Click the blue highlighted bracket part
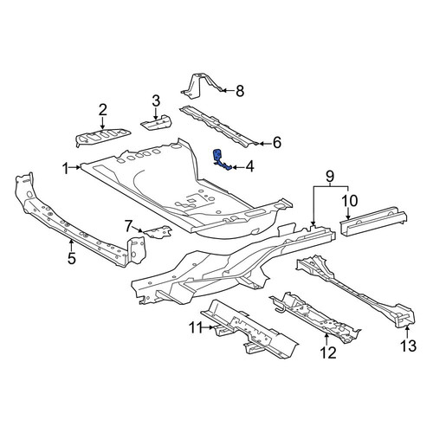(x=220, y=160)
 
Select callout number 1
(x=66, y=169)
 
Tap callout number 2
(x=103, y=110)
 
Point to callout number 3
(x=156, y=101)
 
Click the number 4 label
(x=249, y=167)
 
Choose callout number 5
(x=72, y=258)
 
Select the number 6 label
(x=277, y=143)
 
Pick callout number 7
(x=129, y=226)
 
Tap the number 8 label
(x=240, y=91)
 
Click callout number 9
(x=330, y=176)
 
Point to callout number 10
(x=349, y=201)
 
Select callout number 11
(x=197, y=327)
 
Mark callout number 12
(x=328, y=352)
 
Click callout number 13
(x=409, y=346)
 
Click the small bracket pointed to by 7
(x=158, y=232)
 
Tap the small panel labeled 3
(x=156, y=123)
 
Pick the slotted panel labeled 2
(x=101, y=137)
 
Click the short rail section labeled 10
(x=372, y=221)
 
